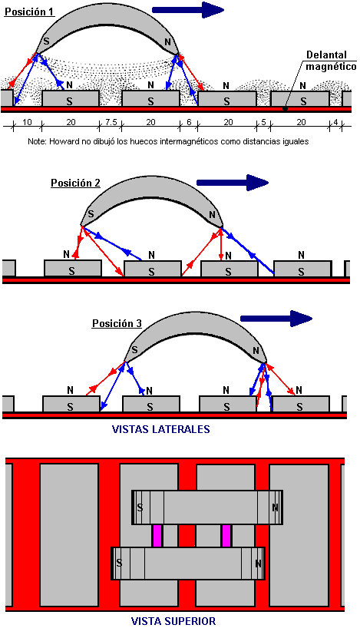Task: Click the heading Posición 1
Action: [x=29, y=12]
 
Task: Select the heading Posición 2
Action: [x=75, y=183]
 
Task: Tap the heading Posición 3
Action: [x=117, y=323]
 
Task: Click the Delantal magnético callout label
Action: [x=331, y=61]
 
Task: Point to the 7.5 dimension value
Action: [x=111, y=122]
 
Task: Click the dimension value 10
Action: [x=27, y=122]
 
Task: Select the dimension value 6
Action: [x=189, y=122]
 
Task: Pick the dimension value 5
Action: [x=263, y=122]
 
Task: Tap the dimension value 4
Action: [x=335, y=122]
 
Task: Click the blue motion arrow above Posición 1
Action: [x=188, y=10]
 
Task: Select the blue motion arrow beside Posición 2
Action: [x=233, y=183]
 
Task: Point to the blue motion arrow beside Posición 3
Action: [x=276, y=319]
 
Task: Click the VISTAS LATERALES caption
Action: [x=160, y=429]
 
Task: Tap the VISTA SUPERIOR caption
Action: [x=173, y=621]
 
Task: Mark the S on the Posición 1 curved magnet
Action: [x=46, y=41]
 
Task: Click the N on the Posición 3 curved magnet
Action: [x=256, y=351]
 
